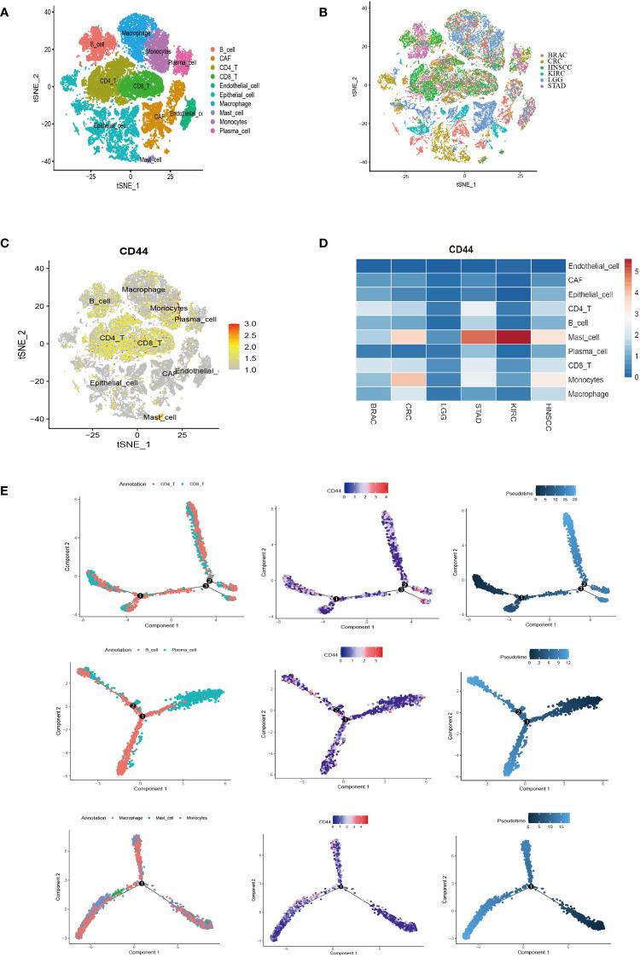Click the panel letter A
pos(6,11)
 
